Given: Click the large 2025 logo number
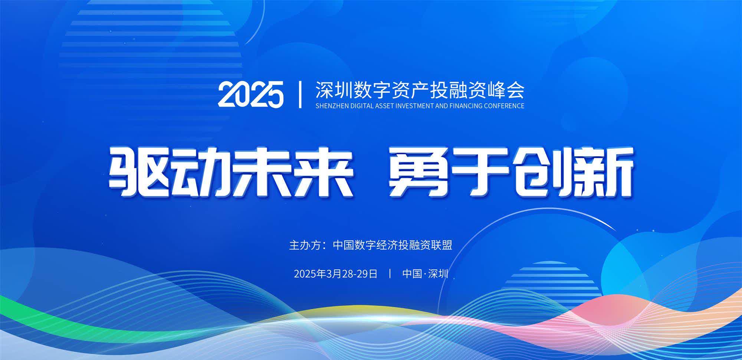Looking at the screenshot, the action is [251, 94].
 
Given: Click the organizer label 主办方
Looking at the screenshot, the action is [304, 245].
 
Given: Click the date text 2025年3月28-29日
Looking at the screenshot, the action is [335, 274].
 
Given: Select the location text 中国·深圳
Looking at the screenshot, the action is [425, 274].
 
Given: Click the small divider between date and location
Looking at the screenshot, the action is [390, 274].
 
